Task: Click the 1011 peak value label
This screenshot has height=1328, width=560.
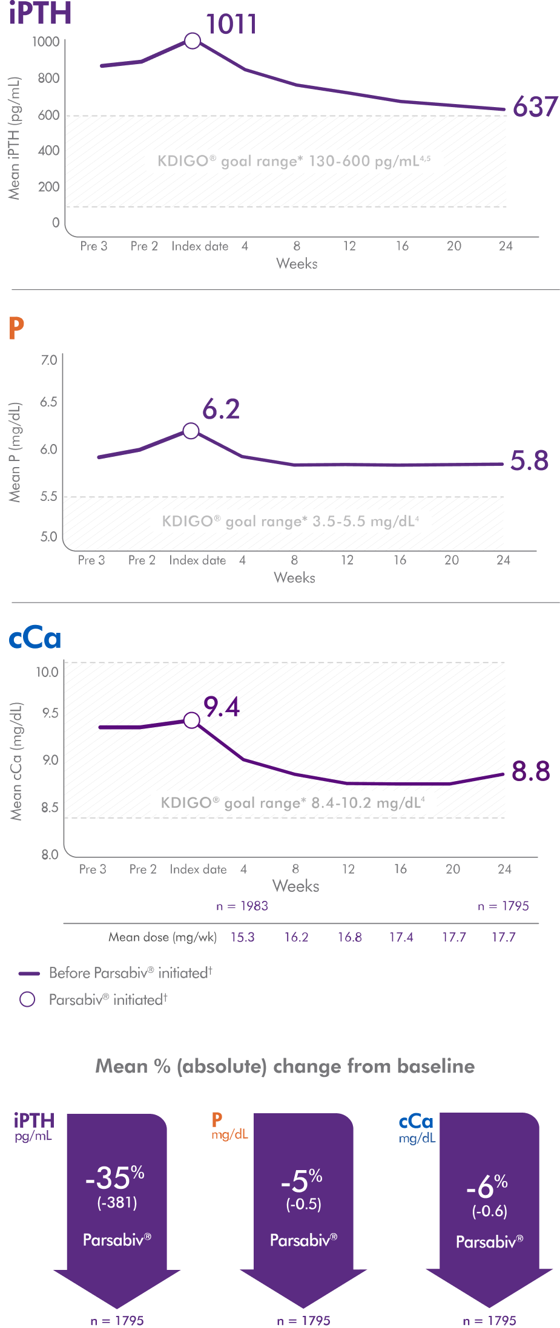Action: coord(231,25)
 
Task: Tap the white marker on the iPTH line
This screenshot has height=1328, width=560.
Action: coord(193,41)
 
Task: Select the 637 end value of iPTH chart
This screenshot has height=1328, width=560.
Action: coord(535,107)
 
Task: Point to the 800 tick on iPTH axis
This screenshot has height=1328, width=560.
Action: coord(48,78)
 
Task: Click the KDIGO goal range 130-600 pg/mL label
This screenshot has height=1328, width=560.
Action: coord(294,162)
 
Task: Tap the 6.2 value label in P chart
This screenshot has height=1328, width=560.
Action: coord(221,410)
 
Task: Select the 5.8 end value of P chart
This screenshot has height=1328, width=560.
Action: coord(529,461)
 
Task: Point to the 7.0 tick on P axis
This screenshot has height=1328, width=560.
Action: coord(48,361)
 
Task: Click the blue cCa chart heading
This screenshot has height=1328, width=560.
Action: coord(35,638)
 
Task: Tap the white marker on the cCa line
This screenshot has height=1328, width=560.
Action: coord(191,720)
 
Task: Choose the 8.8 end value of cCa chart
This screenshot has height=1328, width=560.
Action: coord(531,771)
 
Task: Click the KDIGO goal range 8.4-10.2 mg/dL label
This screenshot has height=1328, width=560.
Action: coord(293,803)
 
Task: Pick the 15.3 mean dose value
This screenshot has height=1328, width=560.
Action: coord(242,937)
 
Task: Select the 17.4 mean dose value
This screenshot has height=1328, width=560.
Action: coord(401,937)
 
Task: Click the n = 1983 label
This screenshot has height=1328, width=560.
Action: coord(242,906)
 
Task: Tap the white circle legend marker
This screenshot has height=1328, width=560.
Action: coord(27,999)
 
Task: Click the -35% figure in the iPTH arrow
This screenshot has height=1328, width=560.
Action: coord(115,1177)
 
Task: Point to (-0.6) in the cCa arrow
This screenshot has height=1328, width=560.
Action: coord(489,1211)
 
